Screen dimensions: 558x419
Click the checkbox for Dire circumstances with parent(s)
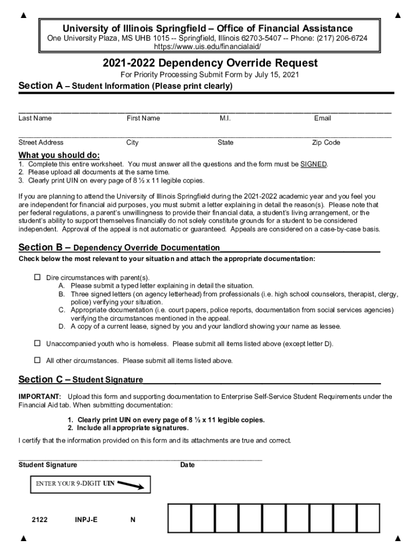[x=38, y=277]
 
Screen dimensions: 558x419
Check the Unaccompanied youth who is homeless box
[x=38, y=343]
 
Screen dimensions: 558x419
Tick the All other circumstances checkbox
[x=38, y=360]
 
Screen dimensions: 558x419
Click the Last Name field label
[x=35, y=118]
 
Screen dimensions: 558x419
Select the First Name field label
[x=143, y=118]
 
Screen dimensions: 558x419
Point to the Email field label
[x=322, y=118]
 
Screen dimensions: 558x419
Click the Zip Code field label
[x=326, y=143]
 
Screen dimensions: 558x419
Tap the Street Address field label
[x=41, y=143]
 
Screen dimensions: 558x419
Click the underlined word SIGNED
[x=313, y=164]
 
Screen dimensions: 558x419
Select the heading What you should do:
[x=59, y=155]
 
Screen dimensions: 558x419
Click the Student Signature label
[x=48, y=465]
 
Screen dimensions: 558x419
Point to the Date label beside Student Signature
[x=187, y=465]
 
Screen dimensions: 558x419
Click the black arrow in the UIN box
[x=131, y=484]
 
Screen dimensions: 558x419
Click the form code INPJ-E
[x=86, y=520]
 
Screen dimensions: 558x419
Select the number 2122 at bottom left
[x=39, y=520]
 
